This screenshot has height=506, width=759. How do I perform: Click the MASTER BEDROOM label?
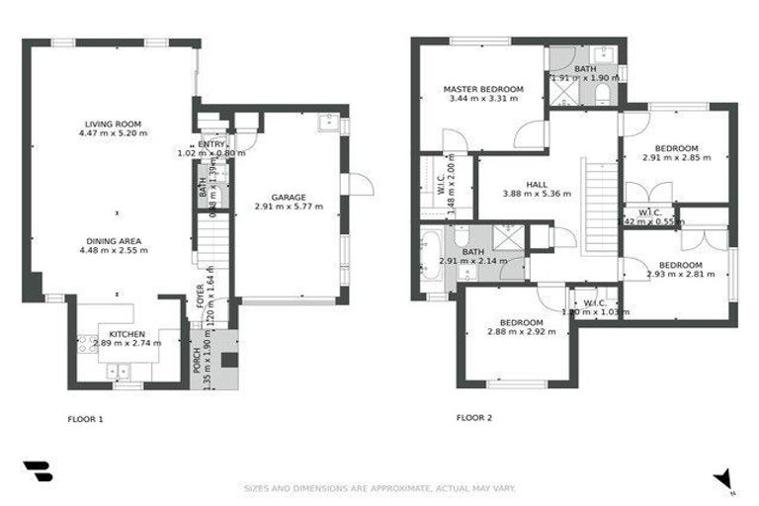coord(482,89)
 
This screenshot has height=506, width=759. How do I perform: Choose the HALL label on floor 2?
coord(537,184)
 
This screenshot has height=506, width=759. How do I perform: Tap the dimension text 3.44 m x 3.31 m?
coord(482,99)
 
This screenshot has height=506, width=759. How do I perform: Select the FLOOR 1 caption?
coord(84,419)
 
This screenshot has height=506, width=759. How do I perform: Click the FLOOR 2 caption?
coord(474,417)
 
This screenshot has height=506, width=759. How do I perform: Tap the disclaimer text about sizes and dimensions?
coord(379,488)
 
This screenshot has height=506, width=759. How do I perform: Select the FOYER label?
coord(201,297)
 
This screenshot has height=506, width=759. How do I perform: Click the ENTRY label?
coord(211,144)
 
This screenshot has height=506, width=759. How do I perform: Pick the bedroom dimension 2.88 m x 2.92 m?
coord(521,332)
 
